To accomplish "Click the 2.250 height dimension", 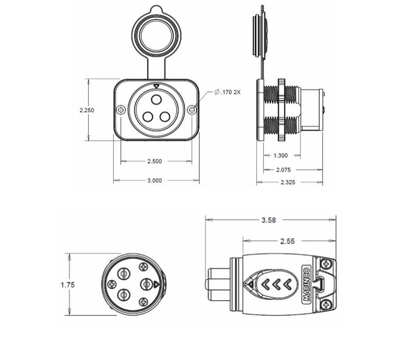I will pyautogui.click(x=87, y=110).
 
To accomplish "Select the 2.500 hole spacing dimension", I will pyautogui.click(x=155, y=161).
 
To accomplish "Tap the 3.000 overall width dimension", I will pyautogui.click(x=155, y=180).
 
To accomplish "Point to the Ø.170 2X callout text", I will pyautogui.click(x=227, y=92).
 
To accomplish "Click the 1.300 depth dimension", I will pyautogui.click(x=280, y=156).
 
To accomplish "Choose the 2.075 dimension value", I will pyautogui.click(x=283, y=170).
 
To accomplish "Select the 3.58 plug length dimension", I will pyautogui.click(x=268, y=220).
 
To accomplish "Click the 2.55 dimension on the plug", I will pyautogui.click(x=287, y=241).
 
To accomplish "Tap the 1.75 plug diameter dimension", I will pyautogui.click(x=68, y=285).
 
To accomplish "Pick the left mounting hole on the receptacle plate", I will pyautogui.click(x=121, y=110).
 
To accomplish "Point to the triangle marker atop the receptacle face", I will pyautogui.click(x=156, y=86).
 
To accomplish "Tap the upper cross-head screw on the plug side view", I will pyautogui.click(x=326, y=264).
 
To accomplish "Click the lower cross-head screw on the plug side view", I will pyautogui.click(x=326, y=306).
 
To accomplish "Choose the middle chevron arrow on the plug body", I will pyautogui.click(x=276, y=284).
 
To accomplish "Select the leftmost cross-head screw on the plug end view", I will pyautogui.click(x=112, y=284).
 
